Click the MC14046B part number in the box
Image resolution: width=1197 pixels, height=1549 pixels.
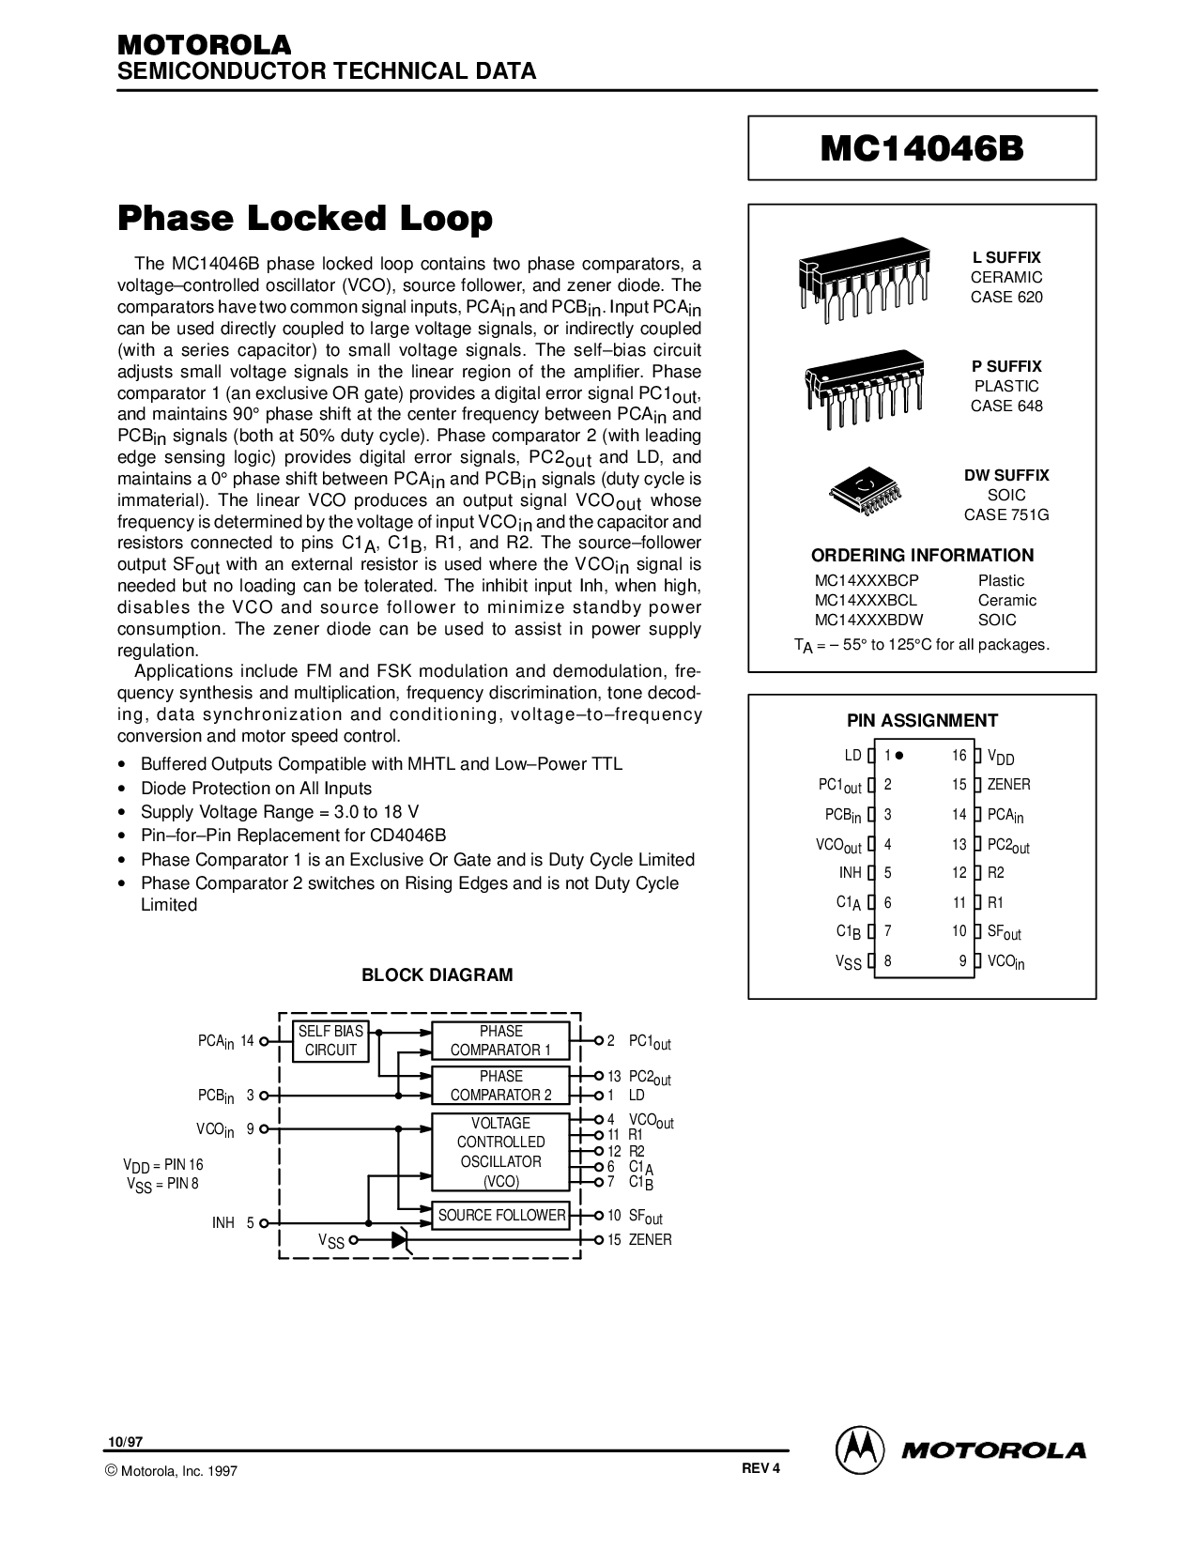coord(921,149)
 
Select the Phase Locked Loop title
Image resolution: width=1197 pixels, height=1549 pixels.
coord(305,218)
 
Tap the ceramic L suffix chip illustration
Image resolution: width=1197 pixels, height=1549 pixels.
coord(864,280)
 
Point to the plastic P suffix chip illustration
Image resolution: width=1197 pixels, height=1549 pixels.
coord(864,388)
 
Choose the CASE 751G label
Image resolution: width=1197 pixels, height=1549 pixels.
coord(1005,514)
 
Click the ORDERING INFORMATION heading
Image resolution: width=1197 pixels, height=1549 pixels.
coord(922,556)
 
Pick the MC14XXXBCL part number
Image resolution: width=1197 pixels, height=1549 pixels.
coord(866,600)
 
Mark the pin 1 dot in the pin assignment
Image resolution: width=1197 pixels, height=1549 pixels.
coord(899,756)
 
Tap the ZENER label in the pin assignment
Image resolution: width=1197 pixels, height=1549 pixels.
coord(1009,785)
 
